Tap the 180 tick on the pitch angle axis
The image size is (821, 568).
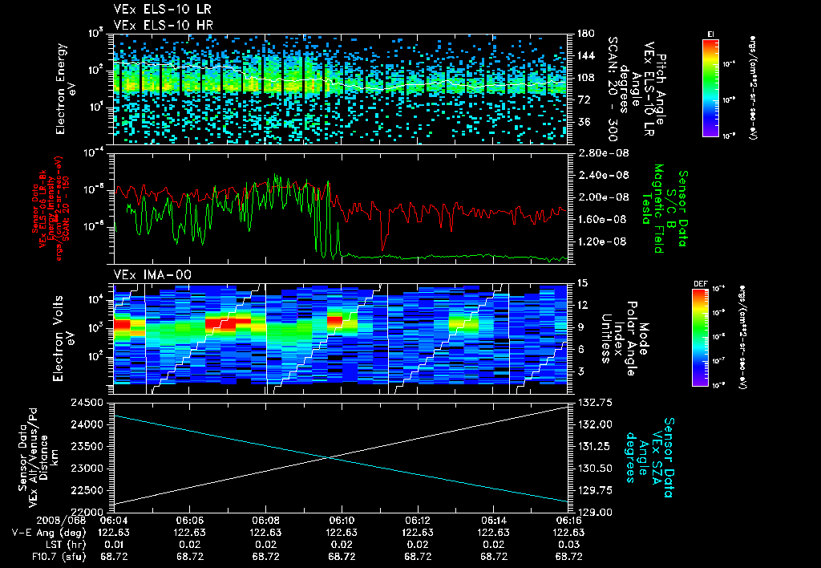[x=584, y=34]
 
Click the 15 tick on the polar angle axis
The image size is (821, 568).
[x=581, y=283]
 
